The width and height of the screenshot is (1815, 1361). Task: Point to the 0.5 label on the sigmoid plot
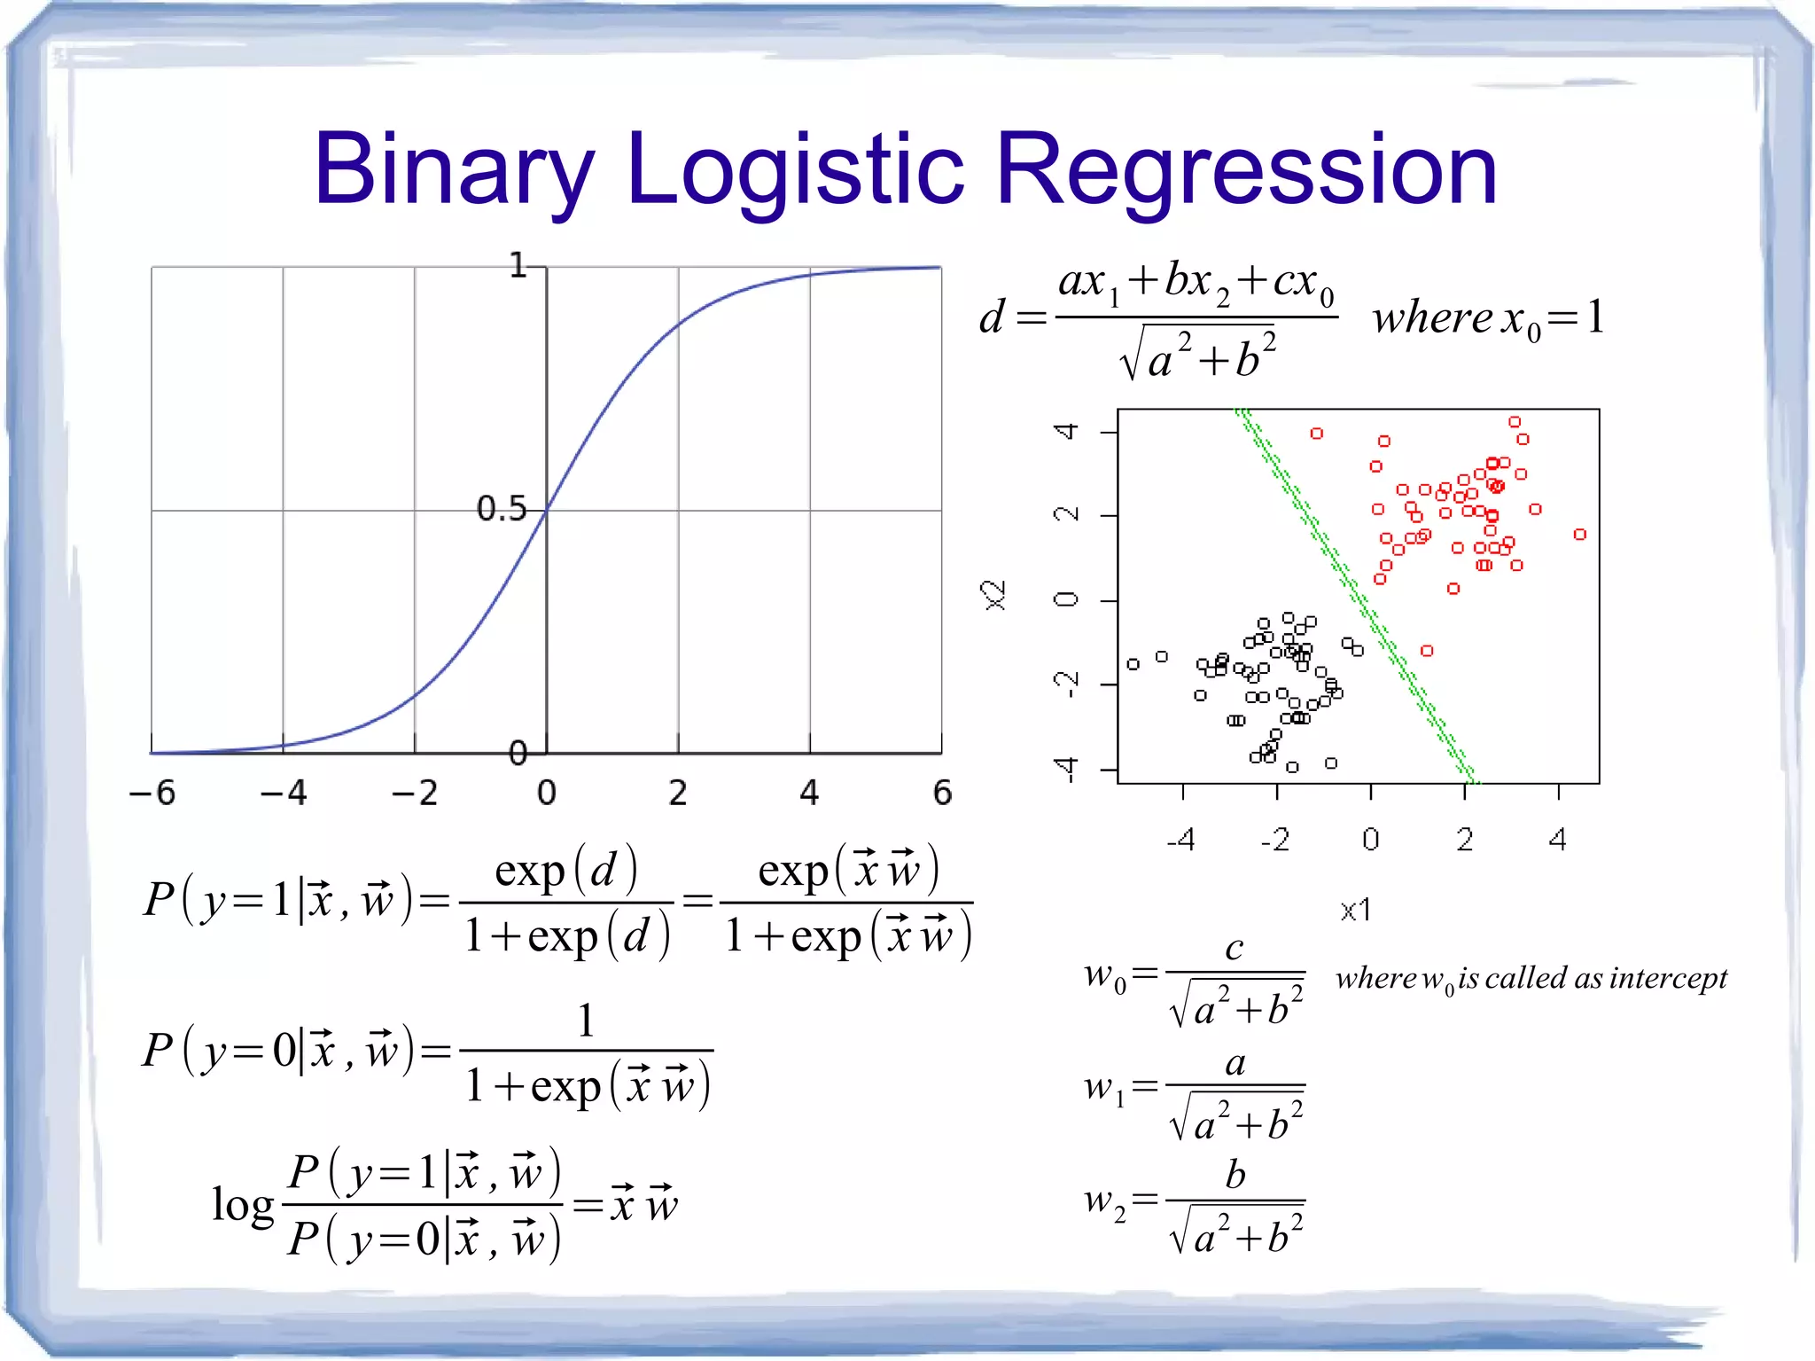(501, 509)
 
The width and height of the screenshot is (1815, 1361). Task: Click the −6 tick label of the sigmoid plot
(152, 792)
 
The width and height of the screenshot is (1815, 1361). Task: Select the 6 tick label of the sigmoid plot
(942, 792)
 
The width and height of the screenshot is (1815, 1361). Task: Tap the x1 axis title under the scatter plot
(1355, 910)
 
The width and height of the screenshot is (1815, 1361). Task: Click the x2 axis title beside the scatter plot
(995, 595)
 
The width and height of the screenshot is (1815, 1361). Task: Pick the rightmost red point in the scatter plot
(1579, 534)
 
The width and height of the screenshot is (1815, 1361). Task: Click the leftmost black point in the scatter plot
(1133, 663)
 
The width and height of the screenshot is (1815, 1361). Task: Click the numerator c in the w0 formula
(1235, 948)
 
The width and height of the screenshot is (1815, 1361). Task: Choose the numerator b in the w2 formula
(1235, 1175)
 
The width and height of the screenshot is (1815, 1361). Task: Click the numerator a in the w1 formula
(1235, 1062)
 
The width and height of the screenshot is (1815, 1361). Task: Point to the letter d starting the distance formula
(992, 317)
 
